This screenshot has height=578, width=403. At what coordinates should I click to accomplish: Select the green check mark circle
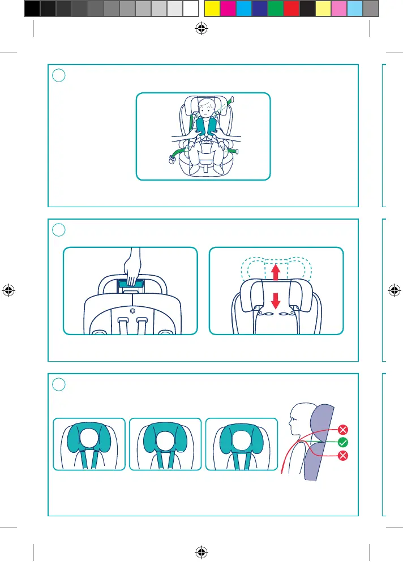[342, 442]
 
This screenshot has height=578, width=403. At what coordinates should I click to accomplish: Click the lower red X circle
[342, 456]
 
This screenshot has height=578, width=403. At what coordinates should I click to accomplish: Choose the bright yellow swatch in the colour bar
[212, 8]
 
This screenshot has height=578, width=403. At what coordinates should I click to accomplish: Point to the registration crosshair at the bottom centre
[201, 552]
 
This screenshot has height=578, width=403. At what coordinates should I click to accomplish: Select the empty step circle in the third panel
[59, 384]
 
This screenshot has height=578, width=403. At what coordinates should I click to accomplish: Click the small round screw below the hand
[132, 311]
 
